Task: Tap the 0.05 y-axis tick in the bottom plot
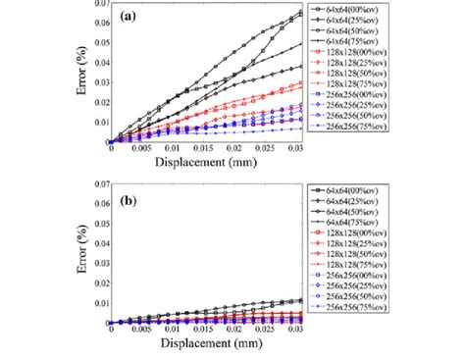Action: coord(98,228)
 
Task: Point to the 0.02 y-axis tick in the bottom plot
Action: coord(98,284)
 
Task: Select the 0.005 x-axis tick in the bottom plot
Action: coord(143,332)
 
